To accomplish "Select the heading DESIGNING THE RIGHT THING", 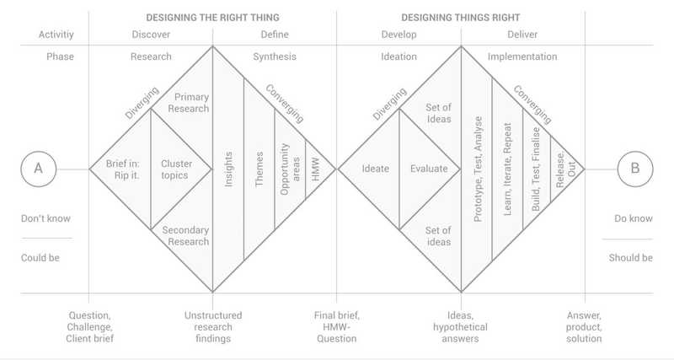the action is click(213, 18).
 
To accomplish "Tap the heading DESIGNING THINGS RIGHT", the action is click(460, 18).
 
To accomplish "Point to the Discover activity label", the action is click(151, 35).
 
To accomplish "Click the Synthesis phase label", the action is click(275, 56).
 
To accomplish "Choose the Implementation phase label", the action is click(522, 56).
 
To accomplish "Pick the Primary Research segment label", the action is click(189, 103).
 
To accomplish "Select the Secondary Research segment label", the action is click(185, 236).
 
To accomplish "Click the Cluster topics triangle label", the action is click(175, 169).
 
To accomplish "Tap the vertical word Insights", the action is click(228, 169).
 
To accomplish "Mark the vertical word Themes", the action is click(259, 169).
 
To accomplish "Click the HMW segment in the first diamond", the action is click(316, 169).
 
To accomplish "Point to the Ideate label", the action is click(375, 169).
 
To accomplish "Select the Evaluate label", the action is click(429, 169).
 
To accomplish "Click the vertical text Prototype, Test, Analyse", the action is click(478, 169).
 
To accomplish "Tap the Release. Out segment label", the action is click(565, 169).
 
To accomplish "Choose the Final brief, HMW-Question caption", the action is click(336, 327).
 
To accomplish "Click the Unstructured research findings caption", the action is click(213, 327).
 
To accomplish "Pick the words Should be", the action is click(630, 258).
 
